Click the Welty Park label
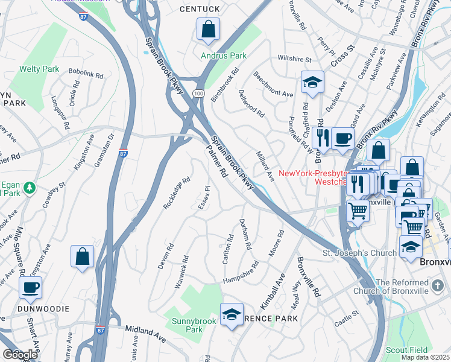click(x=39, y=69)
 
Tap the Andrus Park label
click(x=224, y=56)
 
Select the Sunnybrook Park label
click(x=186, y=325)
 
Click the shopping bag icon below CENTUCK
click(x=208, y=30)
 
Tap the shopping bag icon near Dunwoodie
click(x=83, y=256)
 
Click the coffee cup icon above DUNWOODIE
click(x=30, y=288)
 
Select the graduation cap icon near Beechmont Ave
click(x=312, y=83)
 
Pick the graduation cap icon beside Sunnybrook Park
click(x=232, y=315)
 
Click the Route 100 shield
click(x=198, y=94)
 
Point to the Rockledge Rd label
click(x=176, y=192)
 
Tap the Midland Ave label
click(x=145, y=331)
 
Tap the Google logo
click(x=20, y=354)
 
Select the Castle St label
click(x=347, y=318)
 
